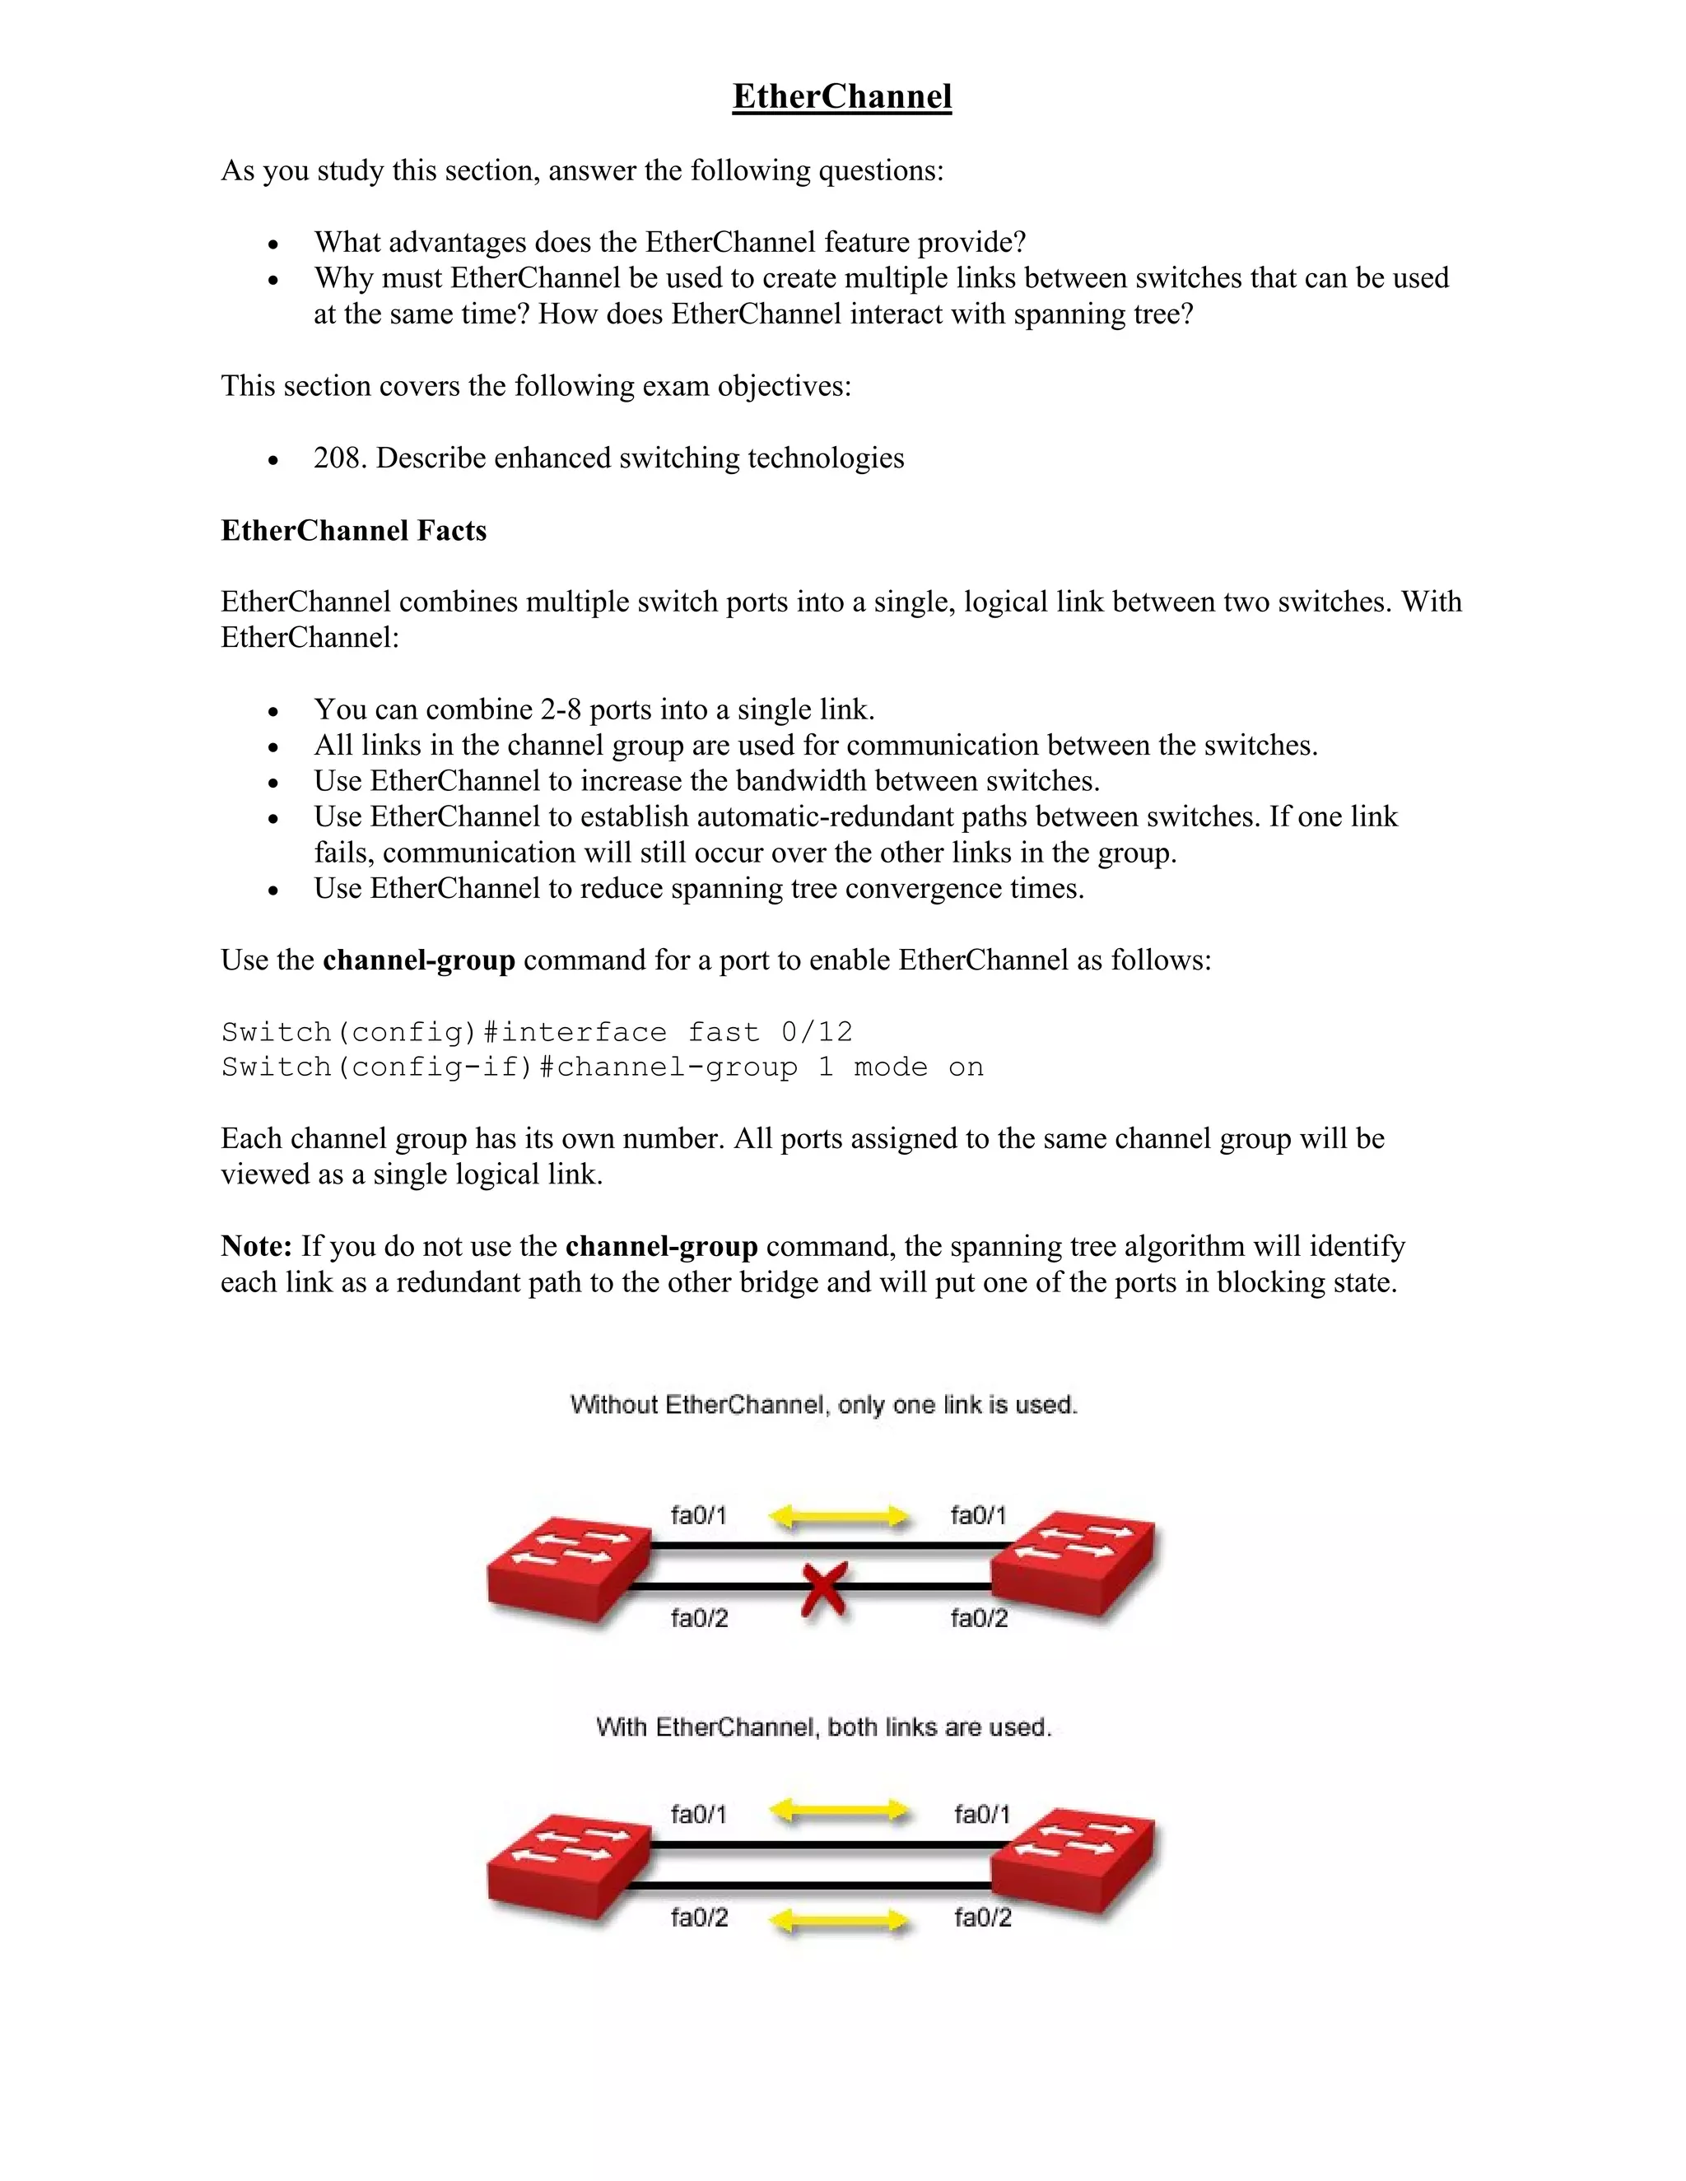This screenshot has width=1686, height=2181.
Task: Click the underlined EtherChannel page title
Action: pos(842,97)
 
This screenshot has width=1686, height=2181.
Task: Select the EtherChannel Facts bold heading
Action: pos(353,530)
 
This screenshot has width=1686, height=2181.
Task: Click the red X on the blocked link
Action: pos(824,1588)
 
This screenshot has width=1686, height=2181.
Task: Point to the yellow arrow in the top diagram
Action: pos(839,1518)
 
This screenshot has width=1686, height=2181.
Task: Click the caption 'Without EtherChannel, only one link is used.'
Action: pos(824,1405)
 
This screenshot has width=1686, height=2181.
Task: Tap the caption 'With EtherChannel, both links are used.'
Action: pos(824,1727)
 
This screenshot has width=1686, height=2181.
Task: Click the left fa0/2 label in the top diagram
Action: pos(699,1618)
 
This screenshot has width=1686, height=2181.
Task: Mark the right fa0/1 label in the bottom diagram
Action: pos(982,1813)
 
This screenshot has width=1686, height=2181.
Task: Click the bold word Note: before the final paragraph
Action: pos(257,1246)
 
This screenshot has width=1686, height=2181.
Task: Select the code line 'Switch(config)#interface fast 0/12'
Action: pos(538,1031)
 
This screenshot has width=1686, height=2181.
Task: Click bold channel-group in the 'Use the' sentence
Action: pos(418,960)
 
